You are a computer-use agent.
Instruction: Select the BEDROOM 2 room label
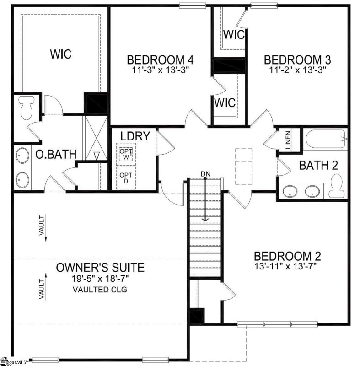(287, 256)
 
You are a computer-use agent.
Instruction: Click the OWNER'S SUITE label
(100, 267)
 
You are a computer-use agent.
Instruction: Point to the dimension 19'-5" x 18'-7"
(100, 278)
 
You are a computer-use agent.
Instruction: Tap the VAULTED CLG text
(100, 290)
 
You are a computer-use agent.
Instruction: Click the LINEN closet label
(288, 140)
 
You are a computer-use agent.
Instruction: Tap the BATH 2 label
(318, 166)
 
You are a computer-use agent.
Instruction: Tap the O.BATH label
(56, 155)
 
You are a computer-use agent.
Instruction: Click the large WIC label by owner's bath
(60, 54)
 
